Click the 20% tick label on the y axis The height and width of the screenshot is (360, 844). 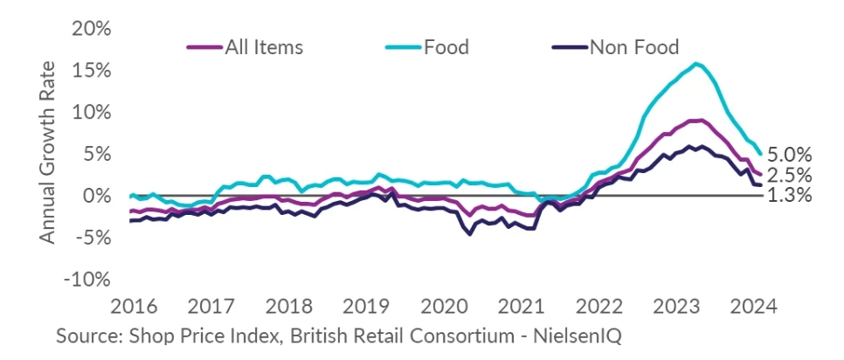tap(91, 29)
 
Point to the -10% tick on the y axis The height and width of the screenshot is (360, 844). tap(88, 280)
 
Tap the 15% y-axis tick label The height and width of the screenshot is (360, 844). tap(91, 71)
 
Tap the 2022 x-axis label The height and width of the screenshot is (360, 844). tap(600, 308)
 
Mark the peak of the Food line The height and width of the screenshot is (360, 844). tap(695, 63)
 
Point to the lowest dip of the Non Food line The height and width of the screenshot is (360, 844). tap(469, 234)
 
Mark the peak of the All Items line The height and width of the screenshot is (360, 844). tap(698, 120)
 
